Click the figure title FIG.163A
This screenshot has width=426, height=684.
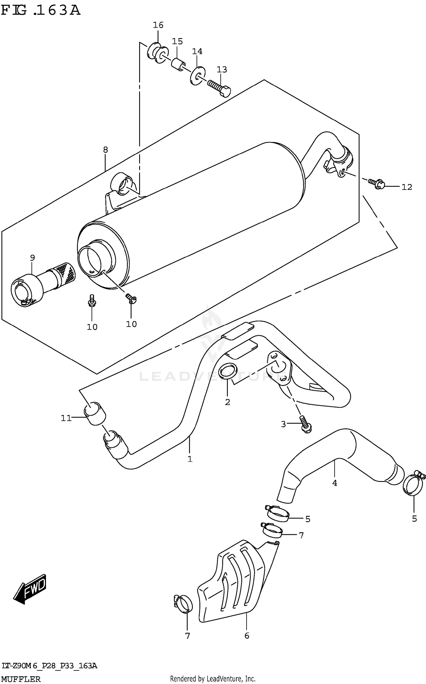click(x=40, y=11)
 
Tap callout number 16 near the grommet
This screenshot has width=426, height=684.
click(x=158, y=25)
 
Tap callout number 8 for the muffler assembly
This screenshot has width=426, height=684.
click(x=105, y=150)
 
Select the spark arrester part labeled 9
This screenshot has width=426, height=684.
click(x=43, y=287)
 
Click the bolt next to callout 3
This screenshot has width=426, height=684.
click(x=305, y=425)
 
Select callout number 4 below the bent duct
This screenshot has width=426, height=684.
click(x=335, y=483)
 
